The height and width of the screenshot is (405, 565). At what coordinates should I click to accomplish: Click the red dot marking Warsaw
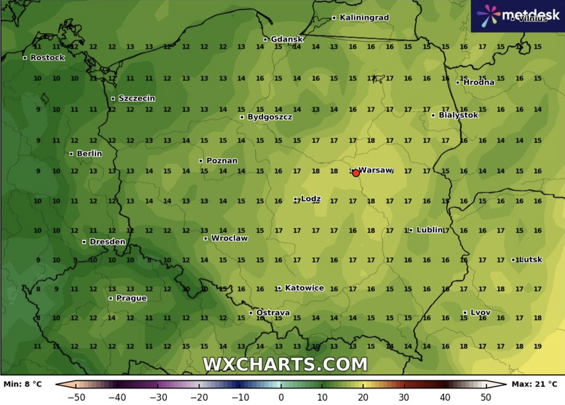click(x=356, y=173)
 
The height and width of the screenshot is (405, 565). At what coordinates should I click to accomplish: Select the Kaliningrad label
click(x=364, y=17)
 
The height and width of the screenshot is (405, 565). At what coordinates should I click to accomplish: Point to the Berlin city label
click(x=89, y=154)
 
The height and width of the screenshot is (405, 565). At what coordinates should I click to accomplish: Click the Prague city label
click(x=131, y=298)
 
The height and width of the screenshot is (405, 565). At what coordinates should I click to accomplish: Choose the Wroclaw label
click(x=229, y=238)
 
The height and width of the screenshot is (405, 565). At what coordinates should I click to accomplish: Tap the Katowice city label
click(x=304, y=288)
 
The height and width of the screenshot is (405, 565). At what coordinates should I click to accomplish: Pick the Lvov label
click(x=480, y=313)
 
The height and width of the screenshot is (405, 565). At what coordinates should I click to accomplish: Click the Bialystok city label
click(x=458, y=115)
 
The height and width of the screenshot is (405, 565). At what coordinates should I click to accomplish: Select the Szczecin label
click(x=136, y=98)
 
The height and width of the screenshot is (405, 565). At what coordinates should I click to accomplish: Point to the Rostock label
click(x=47, y=58)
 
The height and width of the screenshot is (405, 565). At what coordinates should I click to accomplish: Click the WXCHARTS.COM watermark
click(x=285, y=364)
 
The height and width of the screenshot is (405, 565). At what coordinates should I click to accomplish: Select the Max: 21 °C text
click(x=535, y=383)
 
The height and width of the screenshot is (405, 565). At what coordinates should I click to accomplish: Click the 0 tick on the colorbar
click(x=281, y=397)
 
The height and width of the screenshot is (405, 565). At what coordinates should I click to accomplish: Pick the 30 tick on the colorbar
click(x=403, y=397)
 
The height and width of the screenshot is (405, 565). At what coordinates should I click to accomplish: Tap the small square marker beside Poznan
click(x=201, y=161)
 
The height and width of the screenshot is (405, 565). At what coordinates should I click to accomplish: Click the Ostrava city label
click(x=273, y=313)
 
